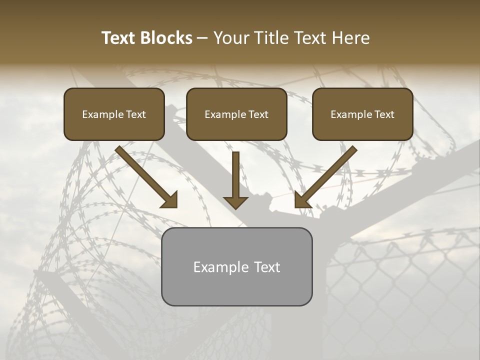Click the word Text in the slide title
tap(118, 38)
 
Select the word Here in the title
tap(350, 38)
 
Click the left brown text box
tap(114, 114)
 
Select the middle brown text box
tap(236, 114)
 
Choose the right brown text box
tap(362, 114)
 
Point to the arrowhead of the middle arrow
tap(235, 202)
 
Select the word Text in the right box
tap(384, 114)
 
